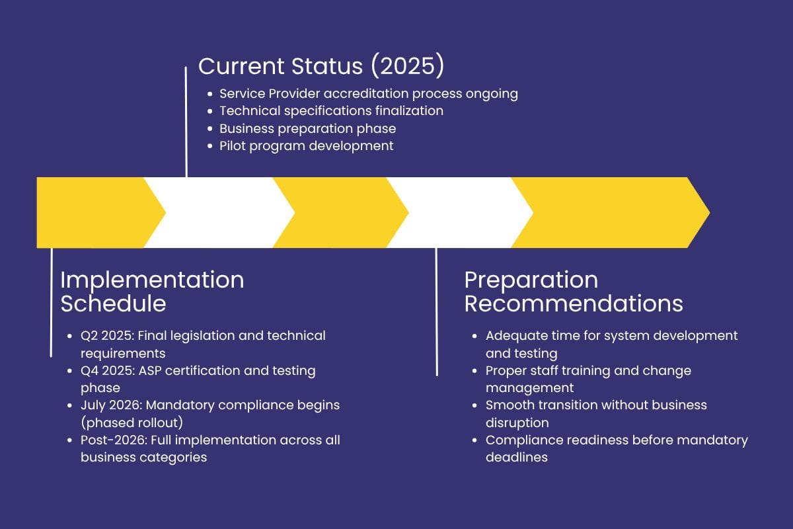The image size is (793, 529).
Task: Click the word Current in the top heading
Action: [241, 66]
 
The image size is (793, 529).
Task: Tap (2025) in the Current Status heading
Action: [408, 65]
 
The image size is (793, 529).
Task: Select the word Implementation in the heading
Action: [152, 281]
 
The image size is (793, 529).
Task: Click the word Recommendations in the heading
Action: [574, 304]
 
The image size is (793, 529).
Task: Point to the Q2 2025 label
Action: [107, 336]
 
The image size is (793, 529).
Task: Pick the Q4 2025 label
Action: [108, 370]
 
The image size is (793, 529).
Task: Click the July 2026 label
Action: [111, 405]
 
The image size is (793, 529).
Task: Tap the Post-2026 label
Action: [114, 440]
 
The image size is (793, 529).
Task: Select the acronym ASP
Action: [150, 370]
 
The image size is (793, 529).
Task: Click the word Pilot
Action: [233, 146]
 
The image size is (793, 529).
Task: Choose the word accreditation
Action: [365, 94]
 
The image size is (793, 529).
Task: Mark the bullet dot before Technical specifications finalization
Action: [210, 111]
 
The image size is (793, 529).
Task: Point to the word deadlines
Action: [517, 458]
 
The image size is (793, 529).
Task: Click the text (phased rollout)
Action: [132, 423]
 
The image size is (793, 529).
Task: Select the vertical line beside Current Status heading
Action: [186, 122]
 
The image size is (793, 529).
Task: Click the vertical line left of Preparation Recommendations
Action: [437, 312]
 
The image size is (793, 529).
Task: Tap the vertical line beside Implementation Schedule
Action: [52, 302]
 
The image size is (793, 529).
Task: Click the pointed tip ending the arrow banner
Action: [709, 213]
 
